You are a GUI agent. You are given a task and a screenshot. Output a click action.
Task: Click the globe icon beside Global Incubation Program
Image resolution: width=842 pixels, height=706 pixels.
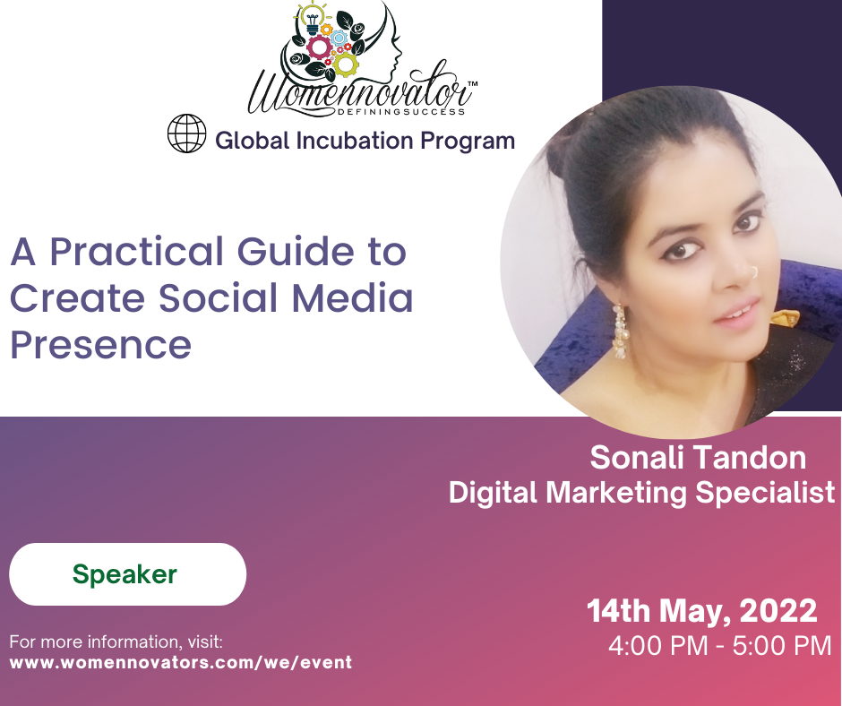[187, 133]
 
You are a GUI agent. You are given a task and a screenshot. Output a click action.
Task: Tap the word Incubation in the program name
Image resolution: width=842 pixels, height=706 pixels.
[355, 141]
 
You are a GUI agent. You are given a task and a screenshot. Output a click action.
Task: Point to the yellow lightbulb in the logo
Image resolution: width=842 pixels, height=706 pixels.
[313, 18]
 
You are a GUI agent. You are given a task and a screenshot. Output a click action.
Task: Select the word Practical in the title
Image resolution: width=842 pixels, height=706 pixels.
[136, 252]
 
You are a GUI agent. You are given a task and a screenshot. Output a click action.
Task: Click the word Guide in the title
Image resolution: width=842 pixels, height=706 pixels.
[296, 252]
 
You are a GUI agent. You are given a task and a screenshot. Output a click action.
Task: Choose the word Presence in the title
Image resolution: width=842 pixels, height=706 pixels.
[101, 346]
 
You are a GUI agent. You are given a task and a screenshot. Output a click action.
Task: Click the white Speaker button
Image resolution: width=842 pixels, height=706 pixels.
[128, 574]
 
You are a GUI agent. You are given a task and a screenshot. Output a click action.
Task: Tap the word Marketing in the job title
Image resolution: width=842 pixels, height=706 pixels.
[616, 494]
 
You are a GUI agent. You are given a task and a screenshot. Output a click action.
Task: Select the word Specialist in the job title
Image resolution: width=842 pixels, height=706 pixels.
[765, 493]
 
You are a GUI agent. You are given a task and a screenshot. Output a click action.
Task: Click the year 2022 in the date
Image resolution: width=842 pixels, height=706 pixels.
[778, 611]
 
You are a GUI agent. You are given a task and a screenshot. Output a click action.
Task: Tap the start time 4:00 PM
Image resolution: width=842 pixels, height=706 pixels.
[658, 646]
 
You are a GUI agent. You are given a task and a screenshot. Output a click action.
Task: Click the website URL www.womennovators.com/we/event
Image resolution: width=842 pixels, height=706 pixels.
[181, 662]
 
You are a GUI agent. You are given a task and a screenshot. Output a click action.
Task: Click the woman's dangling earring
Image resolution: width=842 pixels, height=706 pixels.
[620, 331]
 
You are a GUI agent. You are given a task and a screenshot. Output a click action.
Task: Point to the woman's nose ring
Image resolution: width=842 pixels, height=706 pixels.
[754, 272]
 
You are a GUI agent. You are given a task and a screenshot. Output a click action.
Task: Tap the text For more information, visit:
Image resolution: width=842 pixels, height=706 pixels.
[116, 641]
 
